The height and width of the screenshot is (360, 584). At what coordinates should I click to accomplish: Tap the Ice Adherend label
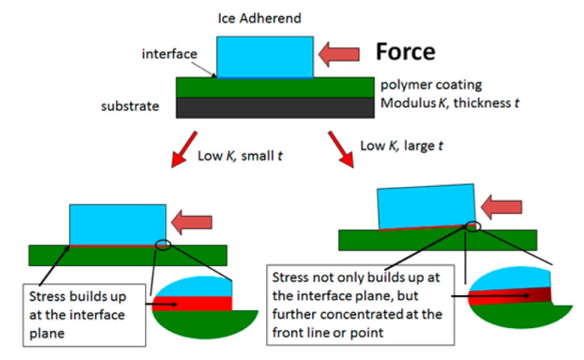pos(259,18)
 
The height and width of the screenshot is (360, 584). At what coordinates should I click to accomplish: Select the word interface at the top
pos(169,53)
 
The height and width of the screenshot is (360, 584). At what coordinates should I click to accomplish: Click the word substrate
pos(130,106)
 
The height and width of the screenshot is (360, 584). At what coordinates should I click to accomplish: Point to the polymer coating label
pos(431,84)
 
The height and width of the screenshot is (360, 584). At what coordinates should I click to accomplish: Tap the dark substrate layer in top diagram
pos(275,108)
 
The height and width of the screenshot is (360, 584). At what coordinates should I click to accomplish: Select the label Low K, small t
pos(240,156)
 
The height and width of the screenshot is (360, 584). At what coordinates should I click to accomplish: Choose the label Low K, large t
pos(402,146)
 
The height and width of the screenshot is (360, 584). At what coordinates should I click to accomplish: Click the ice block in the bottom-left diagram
pos(118,224)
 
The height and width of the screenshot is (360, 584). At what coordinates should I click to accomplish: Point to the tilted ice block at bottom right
pos(425,206)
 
